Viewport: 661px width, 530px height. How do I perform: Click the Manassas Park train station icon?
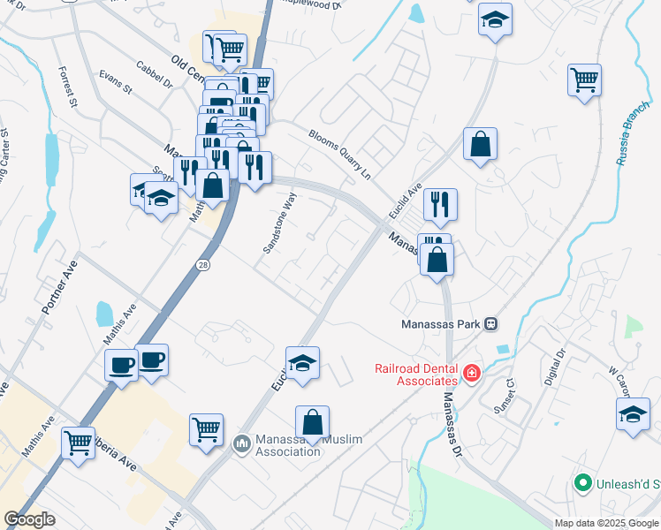[491, 324]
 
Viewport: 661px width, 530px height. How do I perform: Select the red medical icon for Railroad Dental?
[471, 374]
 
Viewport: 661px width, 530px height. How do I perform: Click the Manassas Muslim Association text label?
[287, 444]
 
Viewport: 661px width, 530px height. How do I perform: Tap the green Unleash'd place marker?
[582, 483]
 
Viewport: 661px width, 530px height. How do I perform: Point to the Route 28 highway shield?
[202, 265]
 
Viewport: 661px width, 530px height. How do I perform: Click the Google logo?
[29, 519]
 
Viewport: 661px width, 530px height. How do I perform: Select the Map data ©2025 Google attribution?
[605, 523]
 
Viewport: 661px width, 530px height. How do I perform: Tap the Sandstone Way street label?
[277, 223]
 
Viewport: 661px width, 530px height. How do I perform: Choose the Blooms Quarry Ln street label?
[338, 150]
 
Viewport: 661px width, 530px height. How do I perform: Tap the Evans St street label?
[115, 83]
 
